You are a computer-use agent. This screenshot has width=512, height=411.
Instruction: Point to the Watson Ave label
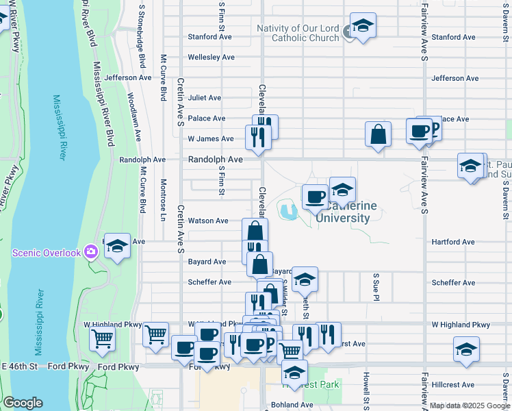tap(208, 221)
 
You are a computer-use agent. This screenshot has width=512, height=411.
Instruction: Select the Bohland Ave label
tap(292, 405)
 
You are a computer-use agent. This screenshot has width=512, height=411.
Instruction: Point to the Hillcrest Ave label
tap(453, 385)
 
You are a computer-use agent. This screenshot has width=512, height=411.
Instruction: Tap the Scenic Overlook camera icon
tap(91, 253)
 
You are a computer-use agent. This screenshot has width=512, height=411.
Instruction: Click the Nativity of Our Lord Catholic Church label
tap(298, 33)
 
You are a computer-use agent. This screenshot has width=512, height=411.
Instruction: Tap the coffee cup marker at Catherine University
tap(315, 197)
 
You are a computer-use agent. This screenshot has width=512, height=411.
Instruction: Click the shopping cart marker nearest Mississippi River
tap(103, 337)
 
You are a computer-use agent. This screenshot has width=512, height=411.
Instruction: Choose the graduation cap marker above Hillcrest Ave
tap(466, 349)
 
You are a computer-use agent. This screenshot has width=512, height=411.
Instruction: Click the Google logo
tap(23, 403)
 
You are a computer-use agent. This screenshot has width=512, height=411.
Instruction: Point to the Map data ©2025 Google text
tap(470, 406)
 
